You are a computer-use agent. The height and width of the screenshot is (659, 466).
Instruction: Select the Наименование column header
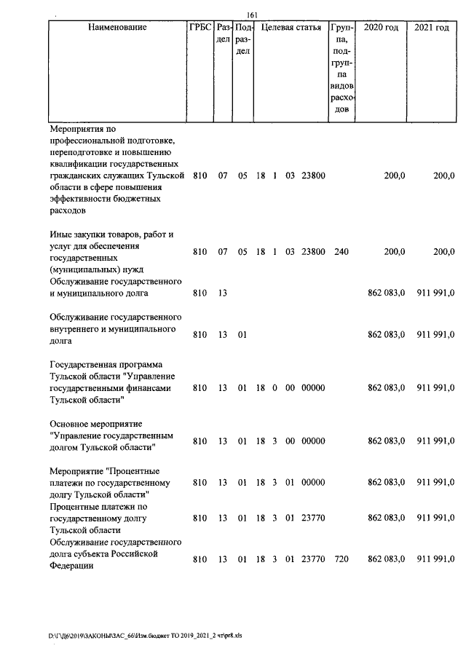(116, 28)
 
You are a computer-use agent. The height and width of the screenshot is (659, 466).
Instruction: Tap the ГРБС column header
(200, 28)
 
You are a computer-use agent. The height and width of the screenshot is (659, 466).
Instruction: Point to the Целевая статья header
(291, 28)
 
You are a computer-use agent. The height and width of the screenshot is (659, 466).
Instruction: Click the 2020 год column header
(381, 28)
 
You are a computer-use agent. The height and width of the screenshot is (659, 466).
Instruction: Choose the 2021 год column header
(432, 28)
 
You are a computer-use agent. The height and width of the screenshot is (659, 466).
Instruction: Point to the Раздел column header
(224, 33)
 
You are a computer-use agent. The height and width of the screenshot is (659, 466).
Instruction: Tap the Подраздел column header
(243, 39)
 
